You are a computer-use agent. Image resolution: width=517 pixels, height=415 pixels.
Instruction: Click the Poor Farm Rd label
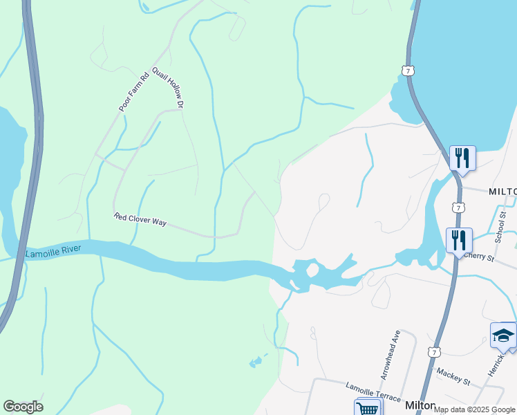tap(134, 92)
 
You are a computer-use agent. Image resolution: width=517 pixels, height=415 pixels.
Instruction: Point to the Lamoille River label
tap(53, 252)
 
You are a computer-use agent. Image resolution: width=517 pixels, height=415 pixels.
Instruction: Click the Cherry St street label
tap(480, 257)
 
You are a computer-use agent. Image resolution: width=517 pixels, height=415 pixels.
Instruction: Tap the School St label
tap(502, 228)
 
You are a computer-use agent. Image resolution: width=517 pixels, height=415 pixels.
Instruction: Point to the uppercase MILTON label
tap(502, 192)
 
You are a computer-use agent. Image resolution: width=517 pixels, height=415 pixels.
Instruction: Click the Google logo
tap(23, 407)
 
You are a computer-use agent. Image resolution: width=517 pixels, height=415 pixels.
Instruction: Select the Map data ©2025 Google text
tap(474, 409)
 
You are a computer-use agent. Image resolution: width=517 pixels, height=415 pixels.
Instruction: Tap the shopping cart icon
tap(368, 408)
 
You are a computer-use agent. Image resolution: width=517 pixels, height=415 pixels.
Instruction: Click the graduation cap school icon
tap(503, 336)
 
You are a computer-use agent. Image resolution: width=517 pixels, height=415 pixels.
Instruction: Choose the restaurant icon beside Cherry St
tap(459, 241)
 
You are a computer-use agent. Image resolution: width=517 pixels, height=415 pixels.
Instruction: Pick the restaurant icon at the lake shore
tap(462, 158)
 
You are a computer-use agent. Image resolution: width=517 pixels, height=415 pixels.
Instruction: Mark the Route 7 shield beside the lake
tap(408, 71)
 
